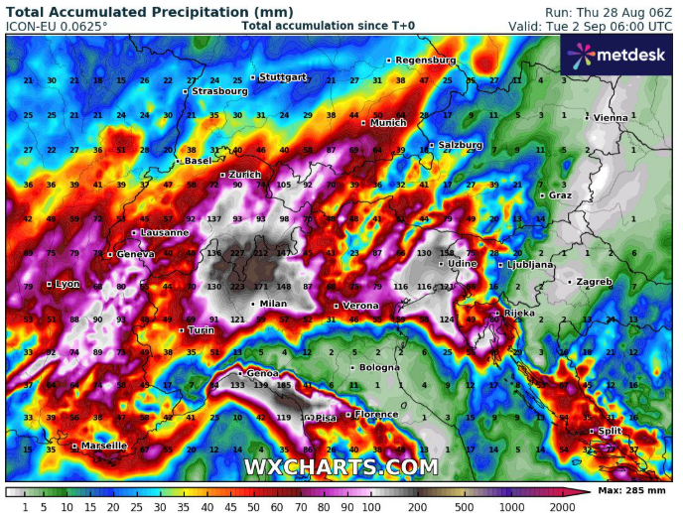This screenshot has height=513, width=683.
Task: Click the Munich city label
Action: [388, 123]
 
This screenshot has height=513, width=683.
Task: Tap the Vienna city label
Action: [611, 117]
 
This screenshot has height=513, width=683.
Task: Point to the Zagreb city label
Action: [594, 282]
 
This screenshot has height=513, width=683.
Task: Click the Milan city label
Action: [272, 304]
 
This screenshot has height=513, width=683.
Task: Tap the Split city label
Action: [608, 431]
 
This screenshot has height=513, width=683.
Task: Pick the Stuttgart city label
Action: [283, 76]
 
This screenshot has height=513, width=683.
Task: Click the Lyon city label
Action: [67, 284]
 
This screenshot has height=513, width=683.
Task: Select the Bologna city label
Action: [378, 367]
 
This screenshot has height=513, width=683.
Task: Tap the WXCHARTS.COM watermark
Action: [341, 466]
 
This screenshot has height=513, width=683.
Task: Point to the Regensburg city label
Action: [425, 61]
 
